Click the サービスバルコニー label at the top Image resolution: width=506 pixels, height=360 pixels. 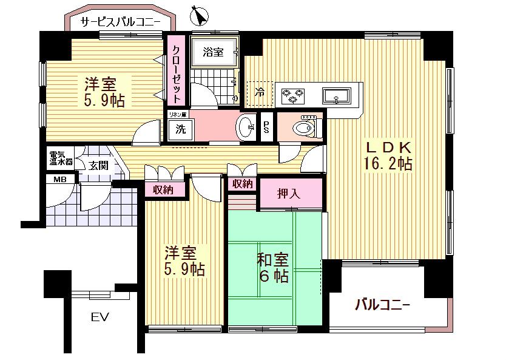[120, 22]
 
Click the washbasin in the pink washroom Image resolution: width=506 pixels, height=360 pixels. [246, 127]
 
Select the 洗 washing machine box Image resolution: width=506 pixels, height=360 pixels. [180, 129]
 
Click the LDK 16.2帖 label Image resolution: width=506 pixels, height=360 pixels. [388, 155]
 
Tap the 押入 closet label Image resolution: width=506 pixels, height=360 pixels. [289, 195]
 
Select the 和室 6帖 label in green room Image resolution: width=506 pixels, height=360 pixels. [272, 267]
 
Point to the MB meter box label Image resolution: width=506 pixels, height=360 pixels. [60, 180]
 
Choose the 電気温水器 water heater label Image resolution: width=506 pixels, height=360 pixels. [61, 158]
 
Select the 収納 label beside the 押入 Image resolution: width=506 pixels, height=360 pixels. [242, 183]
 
